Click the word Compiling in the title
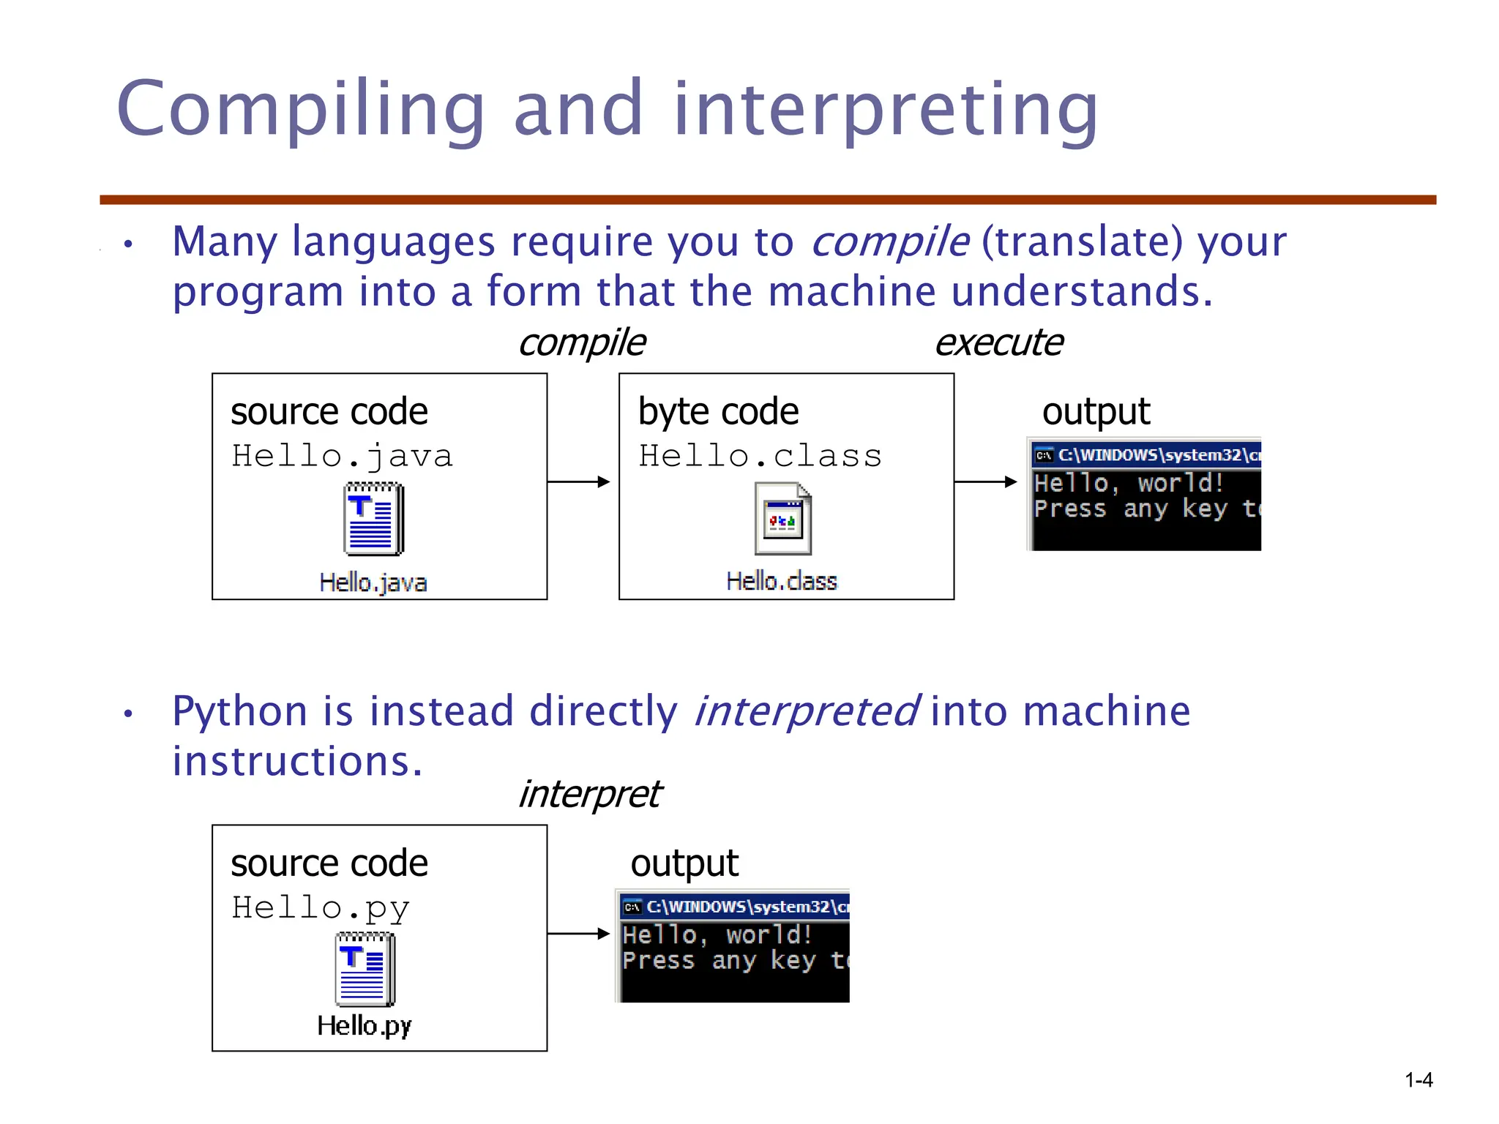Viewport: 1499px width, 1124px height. click(x=300, y=110)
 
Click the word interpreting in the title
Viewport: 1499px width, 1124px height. click(x=886, y=110)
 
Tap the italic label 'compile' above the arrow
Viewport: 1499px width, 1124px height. click(x=582, y=342)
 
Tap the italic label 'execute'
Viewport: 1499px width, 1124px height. click(x=998, y=342)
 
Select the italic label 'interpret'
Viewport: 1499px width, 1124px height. click(x=589, y=794)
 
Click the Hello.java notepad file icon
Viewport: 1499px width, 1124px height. click(x=373, y=519)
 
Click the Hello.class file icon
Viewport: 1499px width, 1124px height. click(x=782, y=519)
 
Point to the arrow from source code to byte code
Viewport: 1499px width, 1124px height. click(x=578, y=482)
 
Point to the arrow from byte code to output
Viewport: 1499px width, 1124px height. click(x=985, y=482)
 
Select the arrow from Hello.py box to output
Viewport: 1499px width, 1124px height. click(x=578, y=933)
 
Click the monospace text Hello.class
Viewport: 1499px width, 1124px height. click(x=760, y=456)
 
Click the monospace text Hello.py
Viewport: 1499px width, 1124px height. click(x=320, y=908)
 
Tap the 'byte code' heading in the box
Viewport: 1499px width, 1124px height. click(x=718, y=411)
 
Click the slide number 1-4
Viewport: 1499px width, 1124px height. click(x=1418, y=1080)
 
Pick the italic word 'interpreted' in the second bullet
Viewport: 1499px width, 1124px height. click(x=805, y=711)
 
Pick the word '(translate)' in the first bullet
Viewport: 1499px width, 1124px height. click(x=1082, y=241)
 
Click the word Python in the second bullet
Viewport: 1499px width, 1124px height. click(x=239, y=711)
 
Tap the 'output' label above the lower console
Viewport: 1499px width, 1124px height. click(x=684, y=863)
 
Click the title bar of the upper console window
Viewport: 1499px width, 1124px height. click(x=1146, y=455)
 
